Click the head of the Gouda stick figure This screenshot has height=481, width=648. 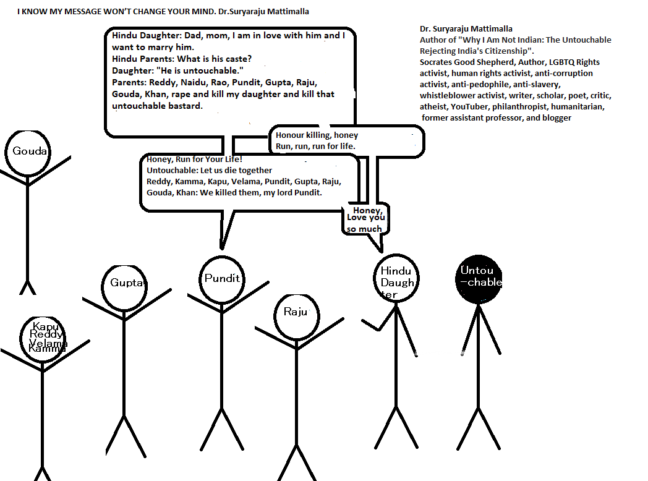28,151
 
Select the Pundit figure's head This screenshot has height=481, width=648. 222,279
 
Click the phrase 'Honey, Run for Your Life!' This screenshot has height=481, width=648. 194,159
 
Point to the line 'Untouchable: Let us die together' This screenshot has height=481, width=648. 209,170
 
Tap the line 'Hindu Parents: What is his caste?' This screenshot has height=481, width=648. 182,59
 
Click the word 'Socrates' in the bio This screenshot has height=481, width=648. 437,62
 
